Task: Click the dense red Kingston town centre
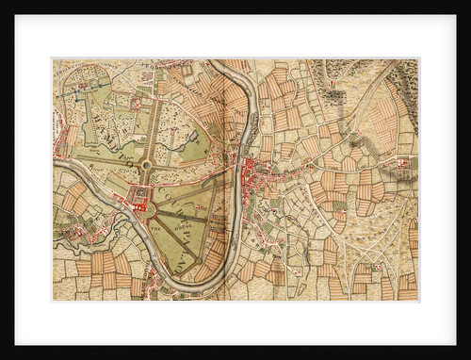coord(252,173)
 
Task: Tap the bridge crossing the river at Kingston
coord(239,170)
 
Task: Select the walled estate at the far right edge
coord(405,164)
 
